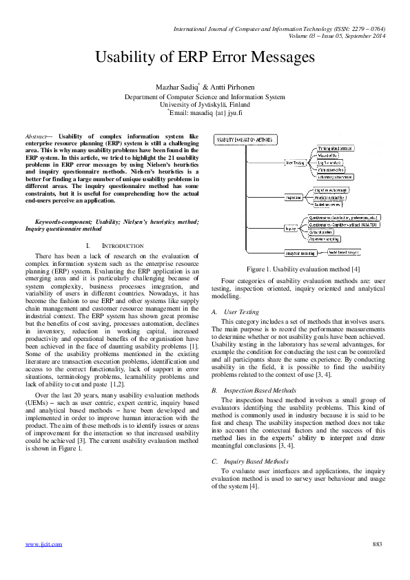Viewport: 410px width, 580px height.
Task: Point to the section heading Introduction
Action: pos(114,246)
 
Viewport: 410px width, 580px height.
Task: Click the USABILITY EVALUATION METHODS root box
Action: pos(245,140)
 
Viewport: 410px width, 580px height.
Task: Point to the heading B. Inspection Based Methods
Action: pos(250,391)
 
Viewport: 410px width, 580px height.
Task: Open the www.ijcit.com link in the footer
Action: pos(43,544)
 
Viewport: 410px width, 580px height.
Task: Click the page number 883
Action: pos(376,544)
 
